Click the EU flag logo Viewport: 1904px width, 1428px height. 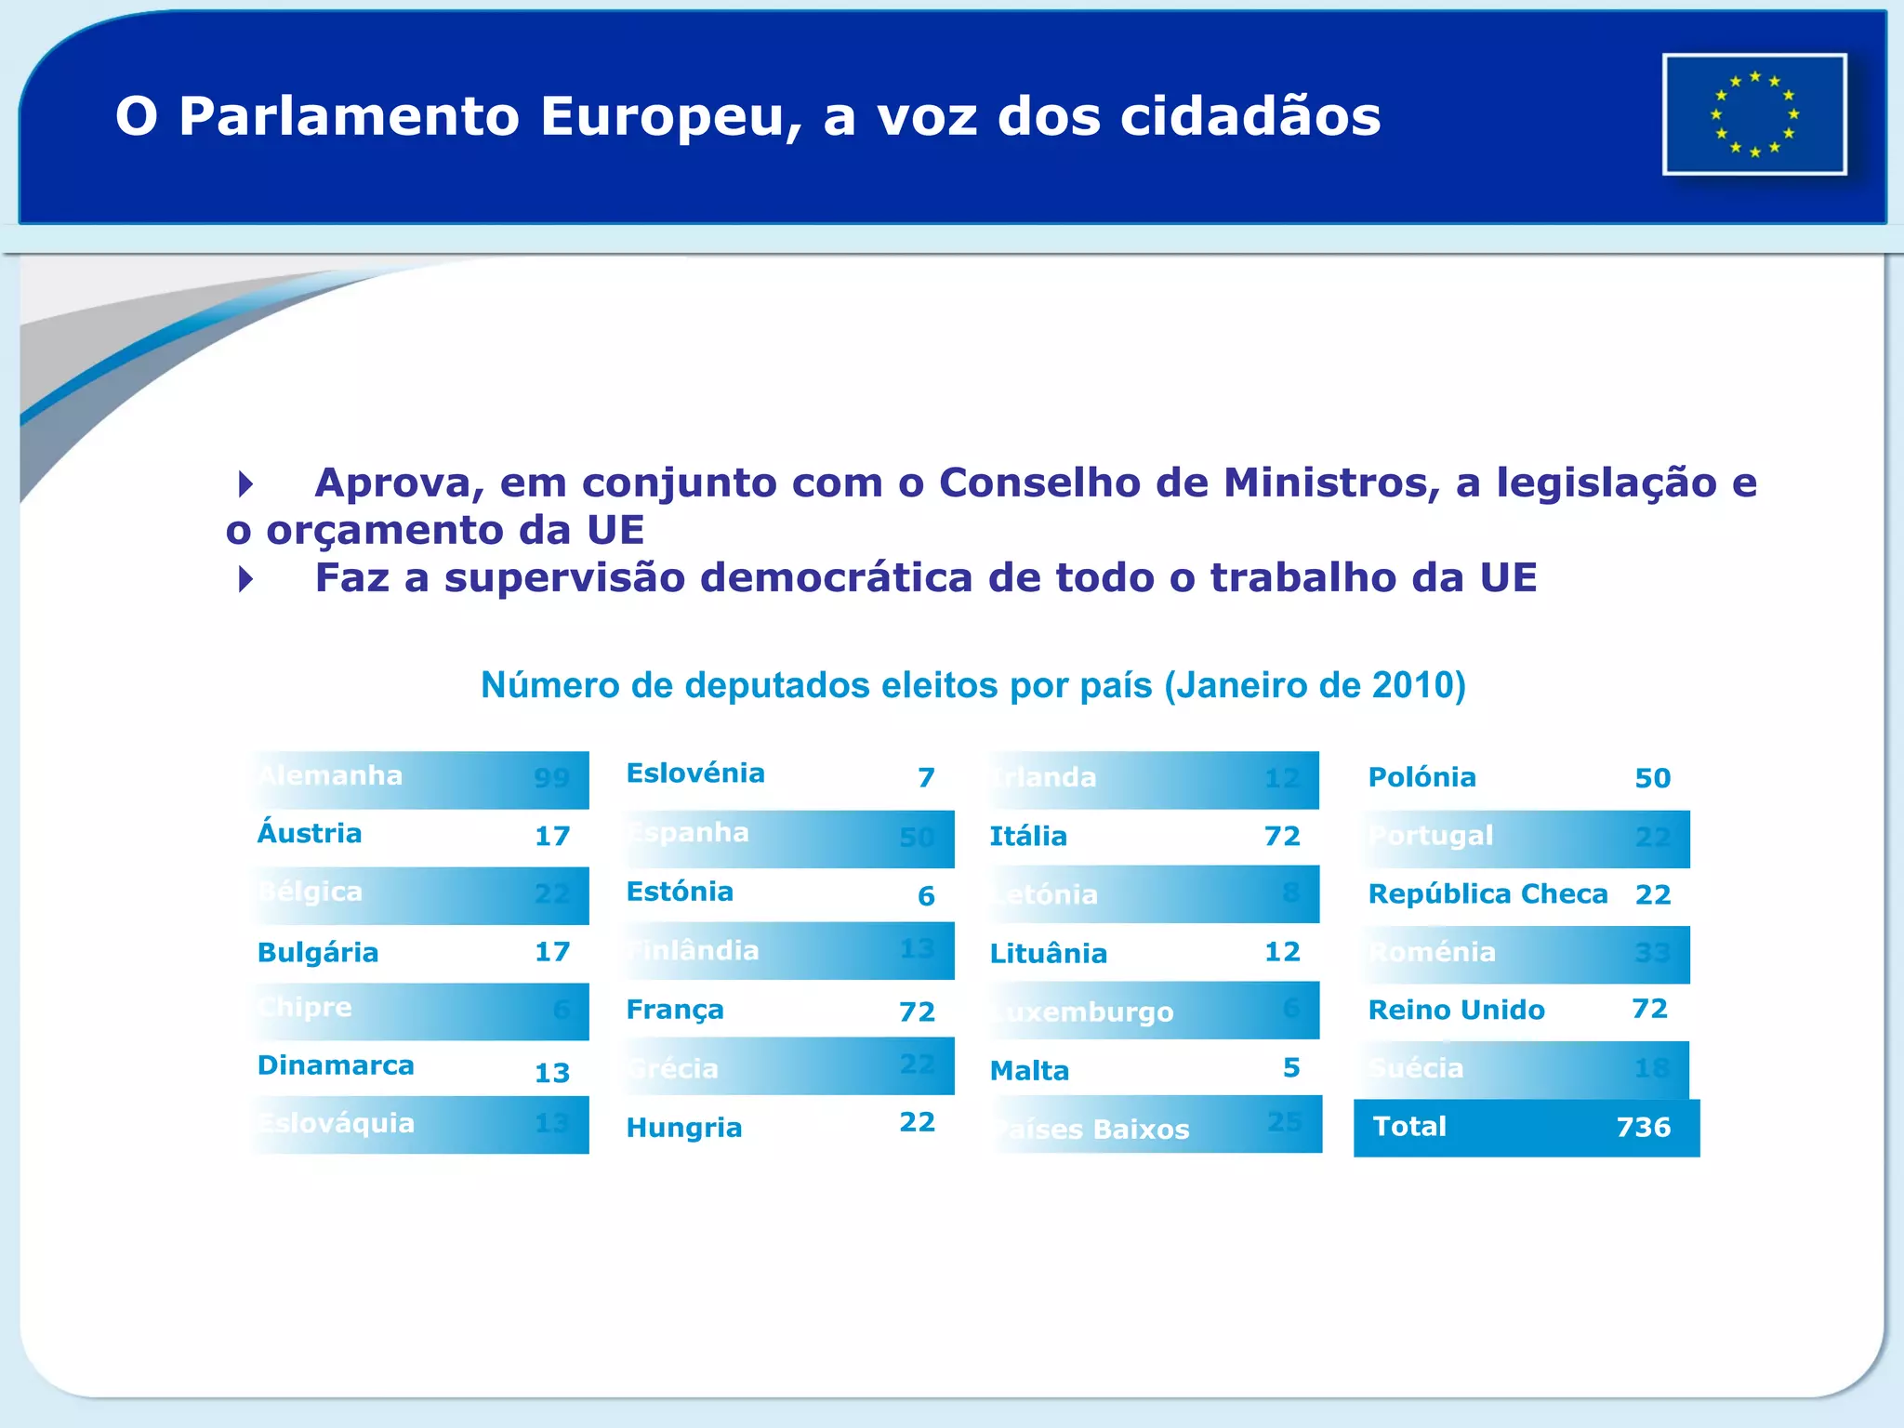tap(1753, 114)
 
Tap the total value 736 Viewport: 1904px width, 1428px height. tap(1643, 1127)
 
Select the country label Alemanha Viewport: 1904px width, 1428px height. tap(330, 775)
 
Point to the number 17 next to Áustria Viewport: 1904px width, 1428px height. tap(552, 836)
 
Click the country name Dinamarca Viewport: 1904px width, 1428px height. tap(336, 1065)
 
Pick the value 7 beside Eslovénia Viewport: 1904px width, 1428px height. tap(926, 777)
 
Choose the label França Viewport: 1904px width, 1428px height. tap(675, 1010)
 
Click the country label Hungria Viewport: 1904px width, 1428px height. tap(684, 1128)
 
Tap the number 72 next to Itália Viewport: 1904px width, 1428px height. tap(1282, 836)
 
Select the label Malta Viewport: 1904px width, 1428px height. tap(1029, 1071)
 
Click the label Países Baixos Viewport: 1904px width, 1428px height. tap(1093, 1130)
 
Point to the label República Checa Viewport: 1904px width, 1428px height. tap(1487, 894)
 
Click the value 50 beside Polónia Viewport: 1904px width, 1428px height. tap(1652, 778)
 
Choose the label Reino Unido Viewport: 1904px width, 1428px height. tap(1456, 1011)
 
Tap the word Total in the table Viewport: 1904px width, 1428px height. tap(1409, 1127)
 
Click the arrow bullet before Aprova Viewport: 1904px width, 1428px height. tap(245, 483)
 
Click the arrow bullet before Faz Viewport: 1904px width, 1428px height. tap(245, 579)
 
